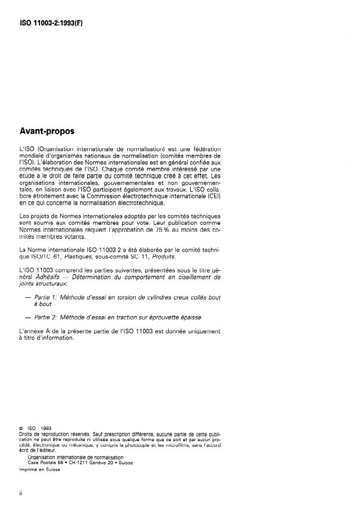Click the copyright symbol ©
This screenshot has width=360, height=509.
click(22, 429)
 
